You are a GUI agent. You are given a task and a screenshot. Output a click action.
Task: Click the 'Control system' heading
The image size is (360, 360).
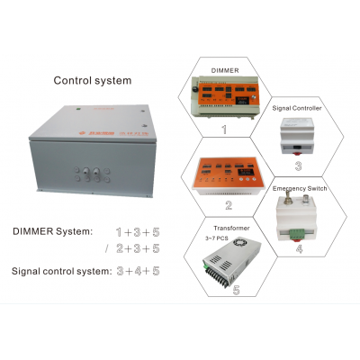[x=94, y=80]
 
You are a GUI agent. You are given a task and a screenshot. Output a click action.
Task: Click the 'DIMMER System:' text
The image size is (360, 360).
[x=52, y=231]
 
